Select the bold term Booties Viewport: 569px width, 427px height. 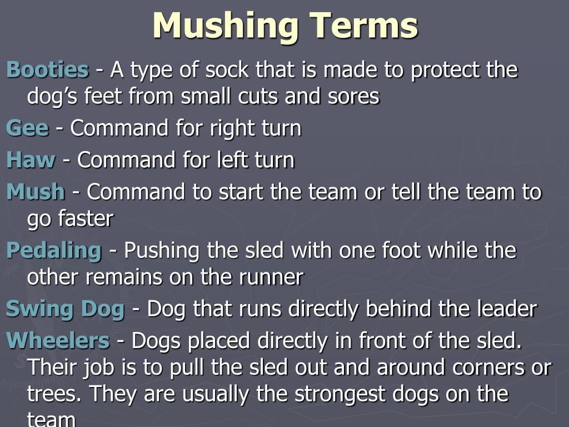[47, 70]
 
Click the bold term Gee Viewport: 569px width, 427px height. [27, 128]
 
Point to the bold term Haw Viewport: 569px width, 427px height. [31, 160]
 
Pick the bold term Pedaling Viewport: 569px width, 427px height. [54, 251]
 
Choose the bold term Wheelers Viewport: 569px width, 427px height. [58, 341]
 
